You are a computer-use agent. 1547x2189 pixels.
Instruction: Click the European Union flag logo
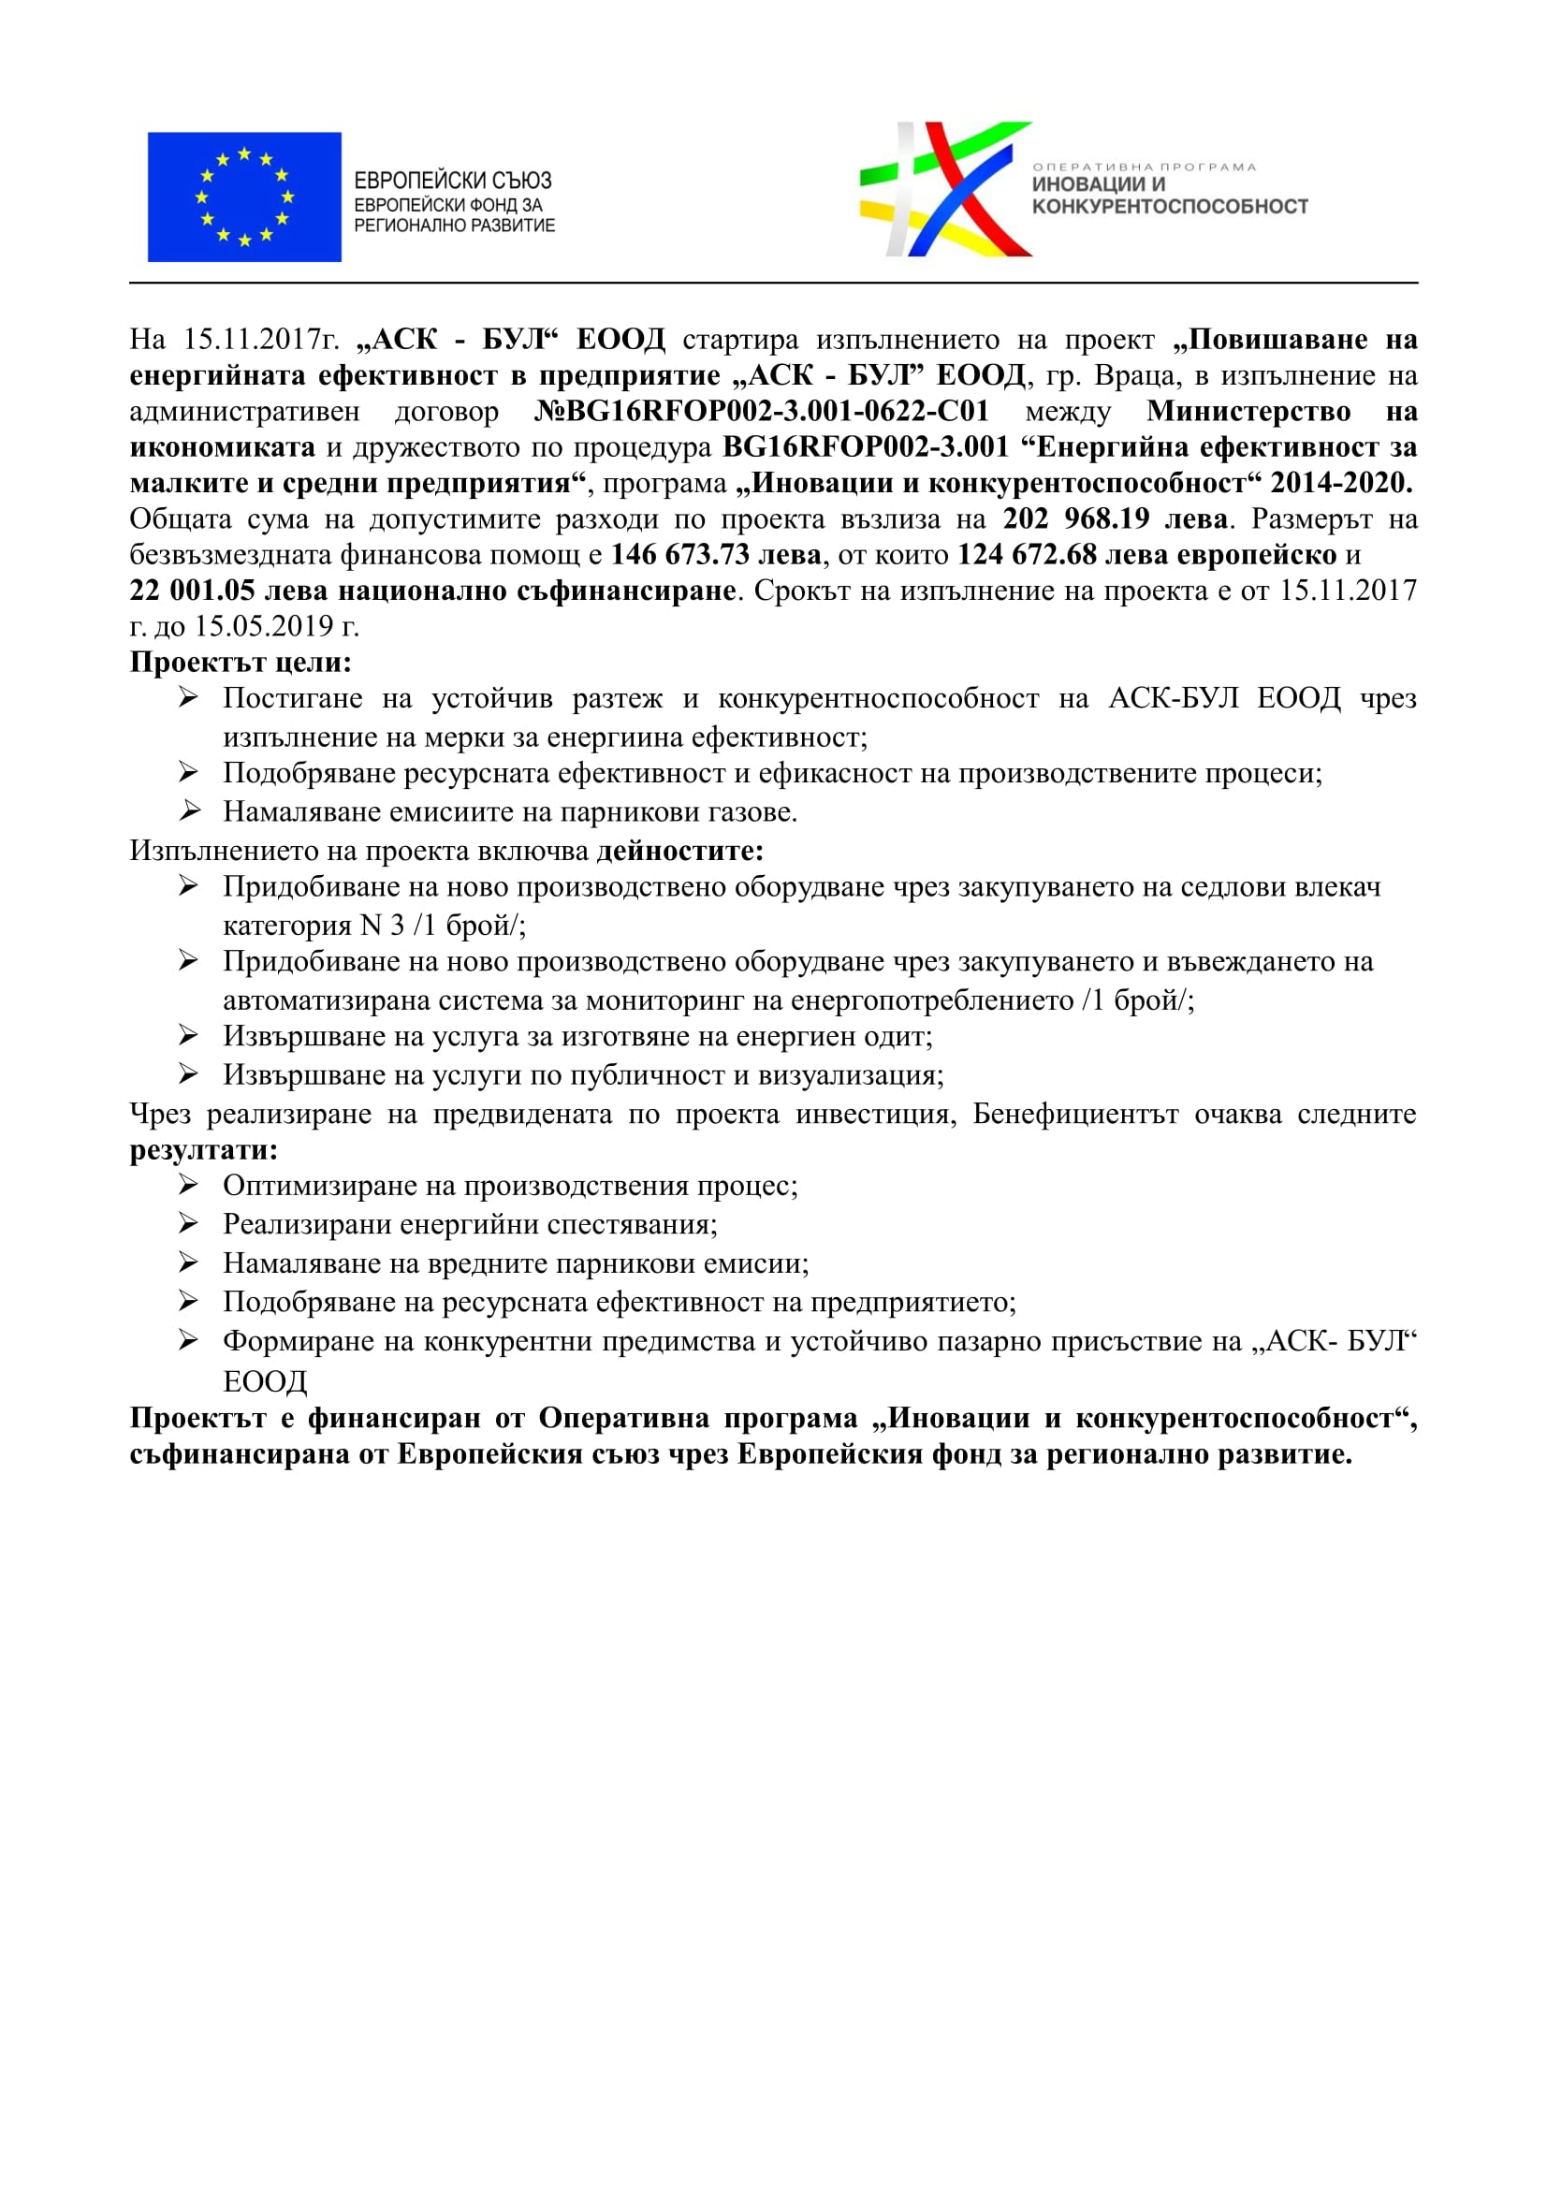(244, 197)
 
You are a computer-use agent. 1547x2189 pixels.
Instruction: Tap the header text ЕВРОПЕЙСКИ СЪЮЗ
(453, 181)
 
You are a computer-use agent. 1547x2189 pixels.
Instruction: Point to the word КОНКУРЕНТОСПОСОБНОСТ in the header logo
(1170, 207)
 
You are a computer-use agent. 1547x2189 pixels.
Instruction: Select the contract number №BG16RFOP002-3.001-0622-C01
(762, 411)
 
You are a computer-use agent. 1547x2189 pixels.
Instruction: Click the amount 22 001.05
(192, 591)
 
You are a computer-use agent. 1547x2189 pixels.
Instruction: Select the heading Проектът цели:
(241, 662)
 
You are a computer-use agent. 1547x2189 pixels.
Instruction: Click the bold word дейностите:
(679, 851)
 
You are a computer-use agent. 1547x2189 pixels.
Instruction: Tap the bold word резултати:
(203, 1150)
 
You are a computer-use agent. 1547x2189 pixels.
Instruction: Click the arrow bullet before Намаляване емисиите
(189, 811)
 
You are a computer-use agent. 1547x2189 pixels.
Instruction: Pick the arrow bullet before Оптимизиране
(189, 1185)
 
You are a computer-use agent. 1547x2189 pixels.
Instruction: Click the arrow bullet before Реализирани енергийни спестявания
(189, 1223)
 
